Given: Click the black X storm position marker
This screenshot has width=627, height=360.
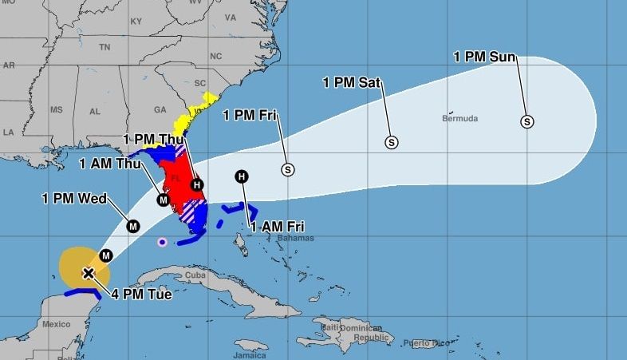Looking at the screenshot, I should [x=89, y=274].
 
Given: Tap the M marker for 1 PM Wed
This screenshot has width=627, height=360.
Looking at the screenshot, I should [x=133, y=226].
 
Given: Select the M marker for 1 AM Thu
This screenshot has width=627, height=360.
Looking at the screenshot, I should [x=163, y=200].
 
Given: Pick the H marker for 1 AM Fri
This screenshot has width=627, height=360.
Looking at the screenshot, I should [x=242, y=176].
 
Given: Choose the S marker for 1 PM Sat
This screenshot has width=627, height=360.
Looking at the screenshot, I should [x=392, y=142].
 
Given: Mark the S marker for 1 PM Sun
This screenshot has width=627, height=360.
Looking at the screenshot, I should [x=526, y=121].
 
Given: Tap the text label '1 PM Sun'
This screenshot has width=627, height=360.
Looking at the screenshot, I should [x=484, y=57].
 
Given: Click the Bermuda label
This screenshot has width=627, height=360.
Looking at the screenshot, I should [x=459, y=119].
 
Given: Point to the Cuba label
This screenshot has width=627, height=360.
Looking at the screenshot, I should [x=195, y=275].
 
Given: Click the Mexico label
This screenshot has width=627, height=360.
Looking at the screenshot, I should [x=57, y=324].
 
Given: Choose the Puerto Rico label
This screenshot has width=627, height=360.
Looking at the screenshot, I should [x=421, y=344].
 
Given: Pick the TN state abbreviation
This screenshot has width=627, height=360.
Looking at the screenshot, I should [x=104, y=47].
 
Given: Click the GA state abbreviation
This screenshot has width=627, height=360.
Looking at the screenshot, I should [x=160, y=110].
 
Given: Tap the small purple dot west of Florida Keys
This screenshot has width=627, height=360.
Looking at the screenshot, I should [x=163, y=242].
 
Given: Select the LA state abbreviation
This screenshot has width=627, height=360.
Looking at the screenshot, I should [x=9, y=132].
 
